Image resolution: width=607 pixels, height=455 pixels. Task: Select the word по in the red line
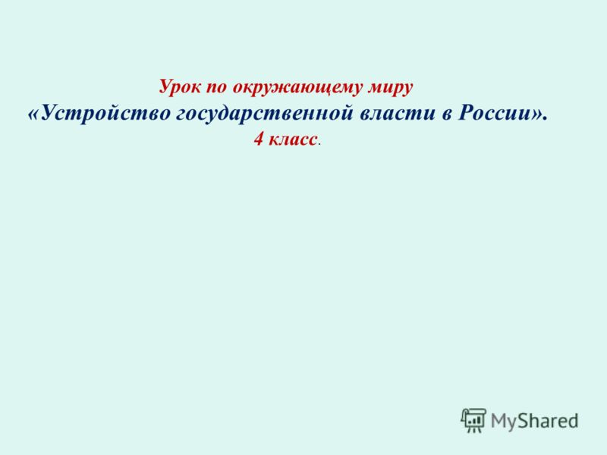pyautogui.click(x=216, y=88)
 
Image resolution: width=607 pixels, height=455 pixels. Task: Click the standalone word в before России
pyautogui.click(x=447, y=115)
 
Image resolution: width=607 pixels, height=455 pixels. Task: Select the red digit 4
pyautogui.click(x=259, y=139)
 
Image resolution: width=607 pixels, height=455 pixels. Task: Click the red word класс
pyautogui.click(x=293, y=140)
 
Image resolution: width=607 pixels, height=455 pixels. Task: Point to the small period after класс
pyautogui.click(x=319, y=145)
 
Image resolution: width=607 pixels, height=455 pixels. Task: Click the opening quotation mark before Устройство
pyautogui.click(x=33, y=115)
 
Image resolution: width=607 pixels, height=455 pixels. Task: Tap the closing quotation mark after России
pyautogui.click(x=536, y=115)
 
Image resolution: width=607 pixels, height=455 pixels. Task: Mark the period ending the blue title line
pyautogui.click(x=545, y=119)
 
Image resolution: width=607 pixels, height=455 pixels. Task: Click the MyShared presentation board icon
pyautogui.click(x=473, y=420)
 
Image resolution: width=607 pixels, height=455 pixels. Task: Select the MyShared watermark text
pyautogui.click(x=535, y=421)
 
